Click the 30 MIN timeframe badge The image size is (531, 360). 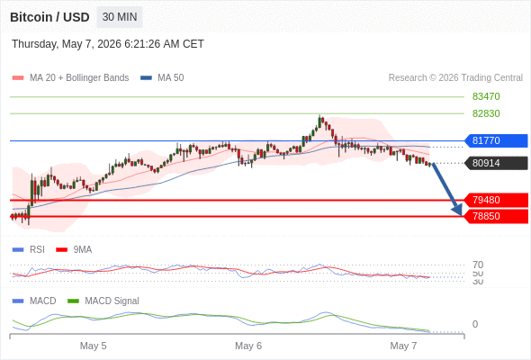click(120, 17)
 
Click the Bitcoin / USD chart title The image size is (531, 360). click(49, 17)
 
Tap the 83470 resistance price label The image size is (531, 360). click(486, 96)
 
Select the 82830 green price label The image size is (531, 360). click(486, 113)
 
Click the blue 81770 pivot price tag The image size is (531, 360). click(496, 140)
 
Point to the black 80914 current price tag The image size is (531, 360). click(496, 163)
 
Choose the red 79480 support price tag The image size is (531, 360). click(496, 200)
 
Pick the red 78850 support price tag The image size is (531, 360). click(496, 216)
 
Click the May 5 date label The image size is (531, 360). click(93, 346)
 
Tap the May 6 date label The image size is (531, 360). click(248, 346)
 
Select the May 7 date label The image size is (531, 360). click(403, 346)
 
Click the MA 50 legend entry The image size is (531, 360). click(162, 78)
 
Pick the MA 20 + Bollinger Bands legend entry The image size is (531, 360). click(70, 78)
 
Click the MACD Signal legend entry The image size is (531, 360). click(103, 301)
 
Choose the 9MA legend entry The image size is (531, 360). click(74, 249)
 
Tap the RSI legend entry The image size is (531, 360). click(29, 249)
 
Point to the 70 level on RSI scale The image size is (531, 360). click(478, 265)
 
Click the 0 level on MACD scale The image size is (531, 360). click(475, 324)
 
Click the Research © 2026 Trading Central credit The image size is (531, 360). click(455, 78)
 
